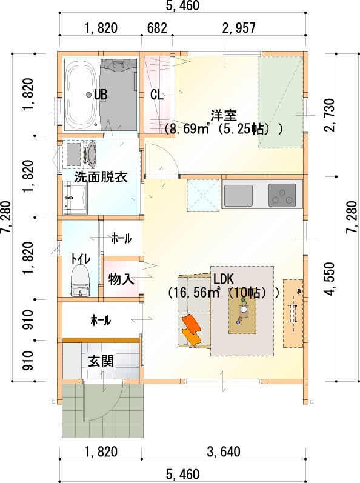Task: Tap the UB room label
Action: (x=101, y=95)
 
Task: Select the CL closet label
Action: (x=156, y=95)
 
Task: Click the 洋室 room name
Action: (x=224, y=116)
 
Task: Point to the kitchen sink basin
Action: (x=238, y=196)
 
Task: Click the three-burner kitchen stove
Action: (x=282, y=196)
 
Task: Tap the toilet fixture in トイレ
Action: (x=81, y=281)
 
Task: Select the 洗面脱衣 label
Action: (x=101, y=177)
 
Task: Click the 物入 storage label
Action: (x=121, y=280)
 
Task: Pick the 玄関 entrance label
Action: (x=101, y=361)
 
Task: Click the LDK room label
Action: (x=224, y=279)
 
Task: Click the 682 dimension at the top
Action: (x=157, y=28)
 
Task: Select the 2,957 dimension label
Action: (x=239, y=28)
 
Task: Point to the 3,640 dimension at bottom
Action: (x=224, y=452)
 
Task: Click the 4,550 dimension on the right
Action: (x=330, y=279)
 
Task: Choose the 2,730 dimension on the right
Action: (x=330, y=115)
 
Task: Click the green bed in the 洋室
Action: (x=281, y=102)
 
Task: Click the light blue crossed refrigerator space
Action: (x=203, y=196)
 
